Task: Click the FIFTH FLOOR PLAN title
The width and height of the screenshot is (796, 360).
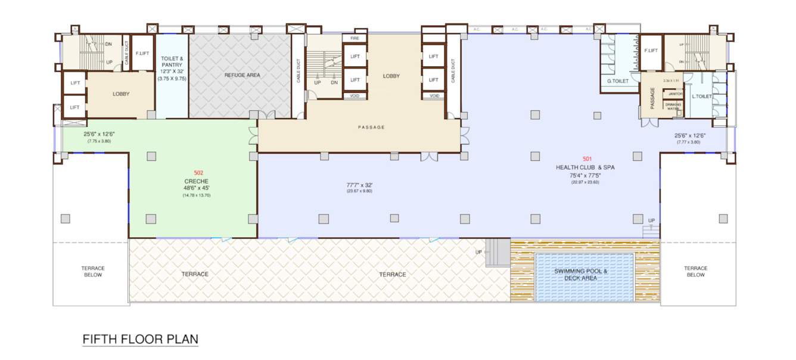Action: (x=140, y=340)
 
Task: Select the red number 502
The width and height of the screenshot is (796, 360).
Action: (x=198, y=173)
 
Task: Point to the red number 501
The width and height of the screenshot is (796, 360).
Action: (x=587, y=159)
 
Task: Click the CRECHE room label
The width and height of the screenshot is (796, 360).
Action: (x=197, y=181)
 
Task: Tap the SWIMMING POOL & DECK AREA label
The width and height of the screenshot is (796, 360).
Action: (x=581, y=275)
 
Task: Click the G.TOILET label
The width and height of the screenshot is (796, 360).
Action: (x=618, y=81)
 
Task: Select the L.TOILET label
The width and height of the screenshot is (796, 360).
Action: (x=702, y=97)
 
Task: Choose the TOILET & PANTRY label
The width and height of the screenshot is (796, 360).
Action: (x=172, y=61)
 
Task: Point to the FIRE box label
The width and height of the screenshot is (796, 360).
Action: (x=355, y=38)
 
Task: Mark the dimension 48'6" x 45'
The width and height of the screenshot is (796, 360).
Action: (x=197, y=188)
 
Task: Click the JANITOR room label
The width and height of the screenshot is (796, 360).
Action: (x=675, y=94)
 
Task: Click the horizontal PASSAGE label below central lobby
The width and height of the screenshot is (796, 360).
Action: (x=371, y=128)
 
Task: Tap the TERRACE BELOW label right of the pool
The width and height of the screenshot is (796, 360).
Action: (x=695, y=272)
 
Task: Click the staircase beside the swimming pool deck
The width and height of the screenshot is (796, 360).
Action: (x=498, y=253)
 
